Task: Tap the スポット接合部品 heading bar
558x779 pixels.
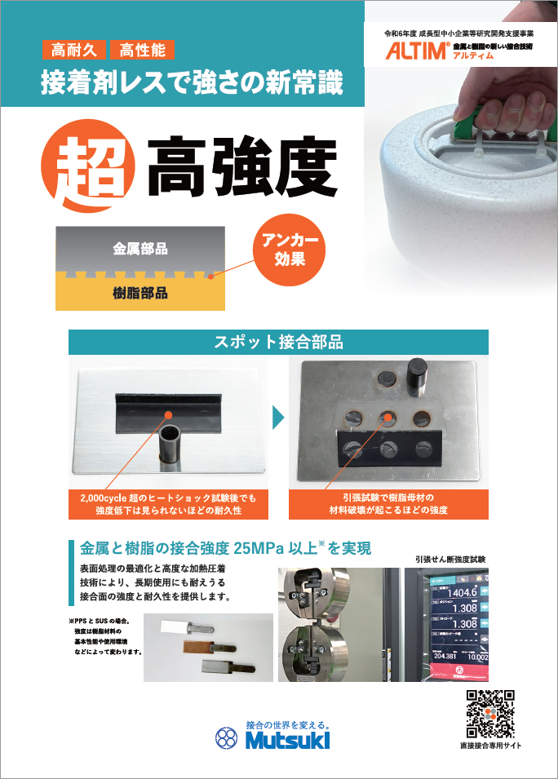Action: pos(278,342)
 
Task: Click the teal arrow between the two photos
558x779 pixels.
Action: pos(278,418)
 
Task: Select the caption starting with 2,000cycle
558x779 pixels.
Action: pos(167,503)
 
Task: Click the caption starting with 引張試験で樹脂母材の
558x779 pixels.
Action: pos(388,503)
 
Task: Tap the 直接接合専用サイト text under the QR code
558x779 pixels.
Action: pos(489,746)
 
